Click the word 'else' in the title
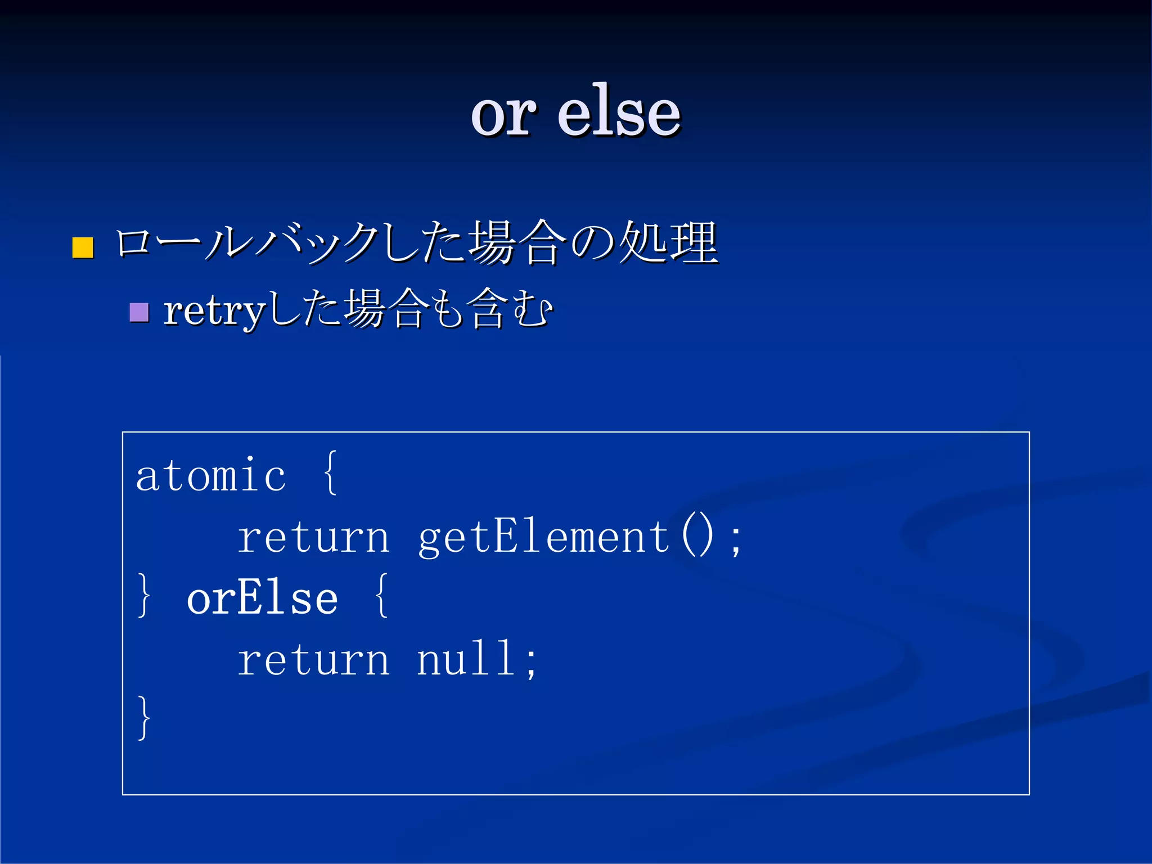[x=619, y=112]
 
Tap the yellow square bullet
[x=83, y=247]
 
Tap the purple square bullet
[x=139, y=312]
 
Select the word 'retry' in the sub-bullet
[x=214, y=311]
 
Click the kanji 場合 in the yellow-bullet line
[x=517, y=243]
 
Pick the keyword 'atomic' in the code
[x=211, y=476]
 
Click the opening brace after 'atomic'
[x=331, y=474]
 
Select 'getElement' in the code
[x=543, y=537]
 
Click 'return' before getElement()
[x=313, y=537]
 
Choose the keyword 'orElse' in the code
[x=262, y=598]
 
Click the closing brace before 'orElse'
[x=144, y=596]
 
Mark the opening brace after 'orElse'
[x=381, y=596]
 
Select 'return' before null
[x=313, y=659]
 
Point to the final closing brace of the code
[x=144, y=718]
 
